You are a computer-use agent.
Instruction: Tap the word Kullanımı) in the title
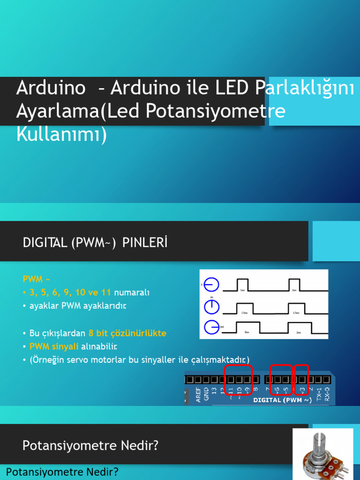point(61,134)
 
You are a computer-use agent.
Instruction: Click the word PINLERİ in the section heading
point(145,243)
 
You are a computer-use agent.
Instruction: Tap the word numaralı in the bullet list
point(132,292)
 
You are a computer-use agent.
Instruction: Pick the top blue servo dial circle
point(212,285)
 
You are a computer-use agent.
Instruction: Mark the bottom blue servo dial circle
point(212,327)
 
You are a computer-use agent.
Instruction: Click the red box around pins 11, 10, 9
point(239,379)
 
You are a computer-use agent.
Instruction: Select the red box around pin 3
point(301,379)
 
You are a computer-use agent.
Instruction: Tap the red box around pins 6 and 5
point(281,379)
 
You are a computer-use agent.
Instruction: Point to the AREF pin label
point(199,394)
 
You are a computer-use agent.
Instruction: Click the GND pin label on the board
point(206,393)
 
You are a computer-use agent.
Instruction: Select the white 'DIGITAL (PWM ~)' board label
point(282,400)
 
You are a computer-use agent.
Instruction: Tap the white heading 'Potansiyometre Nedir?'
point(90,445)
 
